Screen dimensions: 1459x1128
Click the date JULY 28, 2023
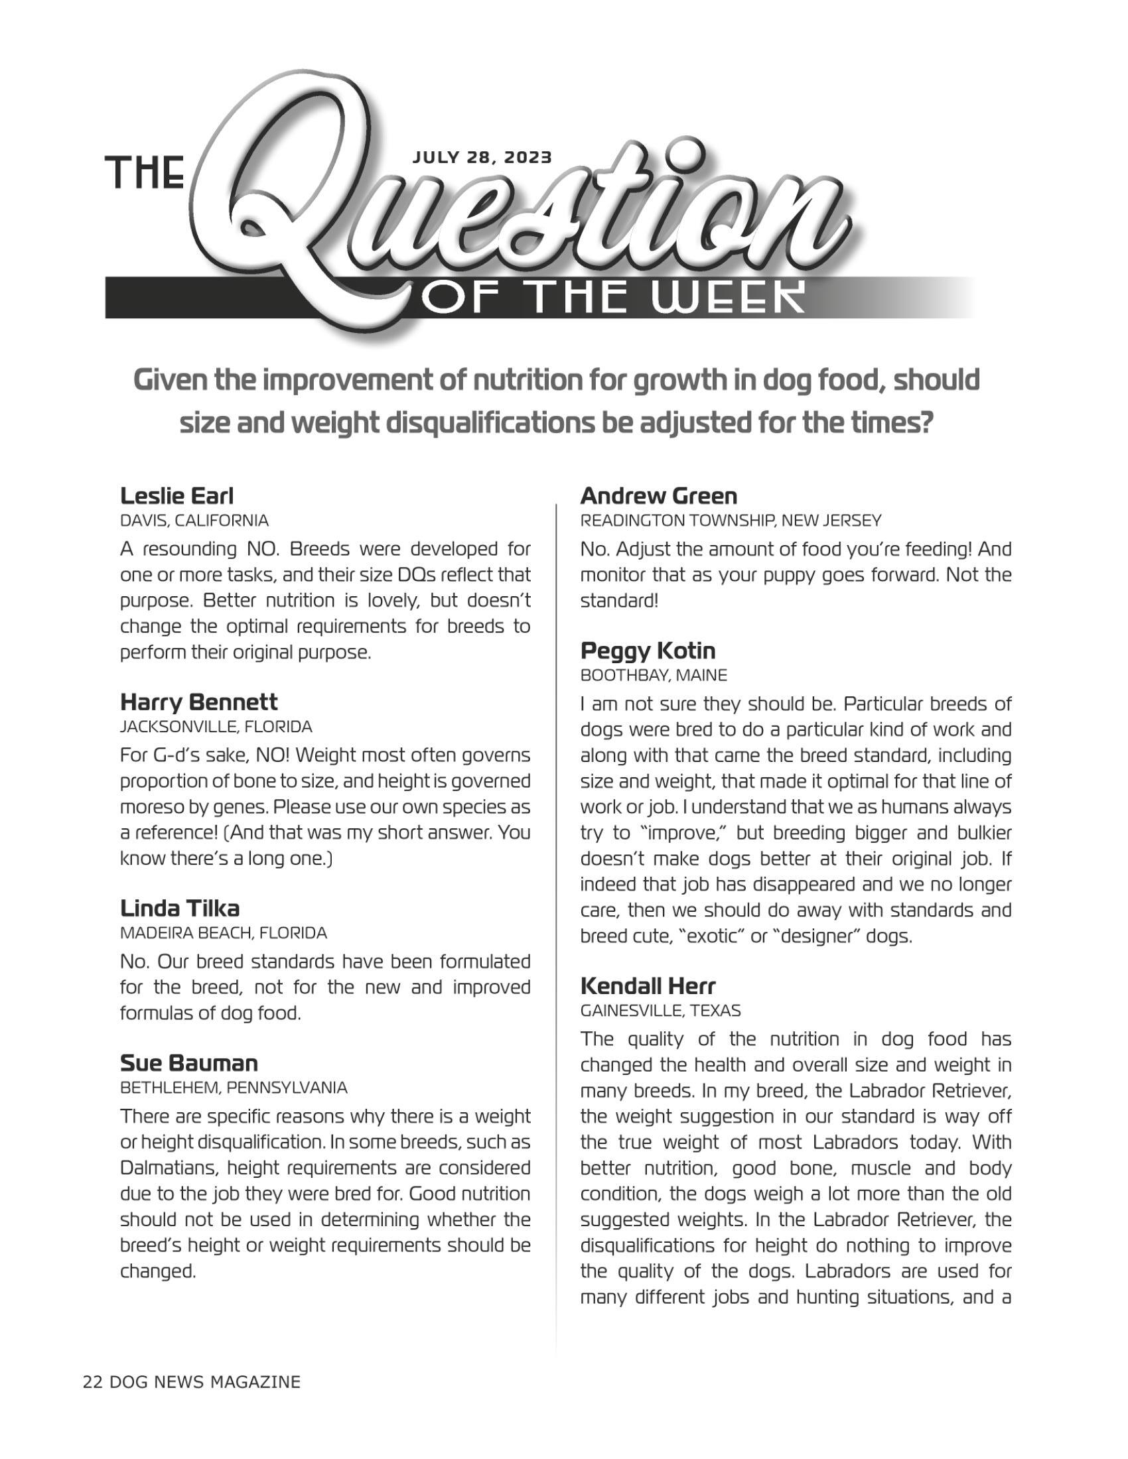point(482,158)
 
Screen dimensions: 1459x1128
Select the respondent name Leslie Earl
point(176,495)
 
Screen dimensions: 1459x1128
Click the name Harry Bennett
point(198,702)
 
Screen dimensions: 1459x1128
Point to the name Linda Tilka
point(179,909)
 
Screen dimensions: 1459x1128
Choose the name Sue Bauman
point(188,1063)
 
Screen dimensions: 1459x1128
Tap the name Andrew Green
point(658,495)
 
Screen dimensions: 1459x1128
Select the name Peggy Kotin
point(648,651)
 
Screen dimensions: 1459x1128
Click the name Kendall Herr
point(648,985)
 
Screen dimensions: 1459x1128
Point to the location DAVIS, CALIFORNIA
point(194,521)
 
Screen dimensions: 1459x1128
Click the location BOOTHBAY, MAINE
point(653,675)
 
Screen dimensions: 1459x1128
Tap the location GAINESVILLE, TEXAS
point(660,1011)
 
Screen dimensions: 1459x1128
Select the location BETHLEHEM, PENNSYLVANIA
point(233,1088)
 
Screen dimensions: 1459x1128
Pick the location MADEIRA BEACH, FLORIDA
point(223,932)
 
